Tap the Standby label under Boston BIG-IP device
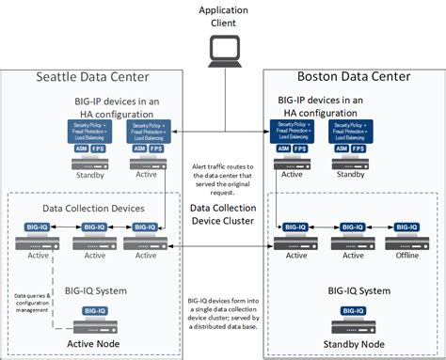tap(349, 172)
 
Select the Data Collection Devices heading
tap(92, 207)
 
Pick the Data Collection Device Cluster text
tap(223, 215)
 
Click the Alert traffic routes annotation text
tap(223, 178)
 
